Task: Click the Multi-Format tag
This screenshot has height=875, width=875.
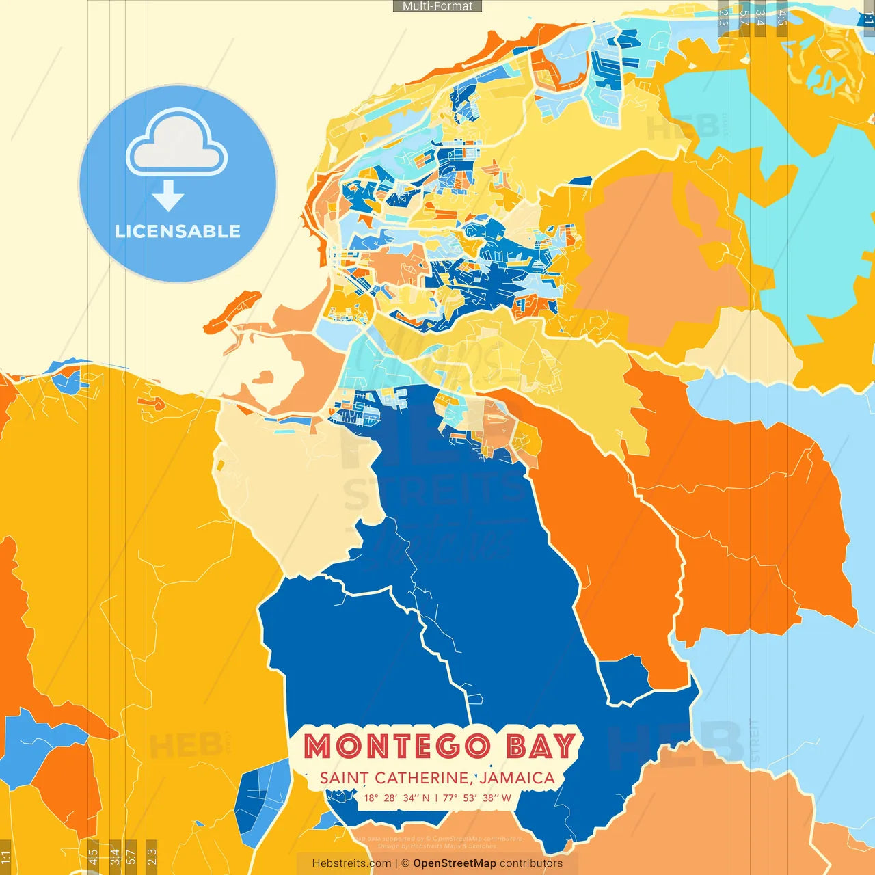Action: click(437, 6)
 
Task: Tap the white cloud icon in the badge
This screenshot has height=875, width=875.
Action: click(177, 144)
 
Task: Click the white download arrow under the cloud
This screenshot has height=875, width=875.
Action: click(168, 196)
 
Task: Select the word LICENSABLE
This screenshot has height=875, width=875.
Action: click(178, 231)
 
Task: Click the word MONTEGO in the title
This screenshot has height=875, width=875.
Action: click(397, 746)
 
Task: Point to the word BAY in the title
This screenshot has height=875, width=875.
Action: click(540, 746)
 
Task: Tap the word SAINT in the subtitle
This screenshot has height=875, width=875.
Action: click(344, 778)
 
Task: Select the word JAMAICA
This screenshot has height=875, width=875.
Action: click(517, 778)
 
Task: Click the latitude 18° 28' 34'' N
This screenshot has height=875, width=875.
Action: click(397, 798)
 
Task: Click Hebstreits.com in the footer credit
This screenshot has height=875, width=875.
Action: click(351, 863)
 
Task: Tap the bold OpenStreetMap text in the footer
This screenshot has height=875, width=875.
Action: click(455, 863)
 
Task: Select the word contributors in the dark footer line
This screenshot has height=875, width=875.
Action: click(531, 863)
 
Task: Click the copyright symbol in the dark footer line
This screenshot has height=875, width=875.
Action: click(405, 863)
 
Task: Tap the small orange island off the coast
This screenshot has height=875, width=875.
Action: click(232, 312)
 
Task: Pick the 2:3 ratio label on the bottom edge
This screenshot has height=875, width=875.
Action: click(152, 857)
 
